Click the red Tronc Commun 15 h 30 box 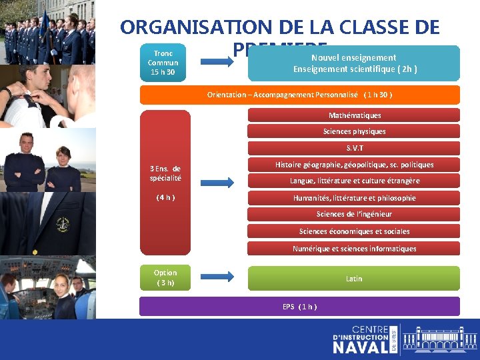point(163,63)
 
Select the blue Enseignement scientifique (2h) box point(354,63)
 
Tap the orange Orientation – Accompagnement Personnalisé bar point(299,95)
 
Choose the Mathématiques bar point(354,115)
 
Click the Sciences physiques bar point(354,131)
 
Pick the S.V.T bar point(354,148)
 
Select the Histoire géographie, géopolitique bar point(354,165)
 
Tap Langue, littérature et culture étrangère point(354,181)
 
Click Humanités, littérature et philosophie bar point(354,197)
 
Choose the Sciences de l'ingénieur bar point(354,214)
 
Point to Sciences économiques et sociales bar point(354,231)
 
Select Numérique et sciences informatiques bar point(354,249)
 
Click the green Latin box point(354,278)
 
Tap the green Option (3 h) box point(165,277)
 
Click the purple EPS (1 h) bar point(299,306)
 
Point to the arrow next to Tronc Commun point(217,63)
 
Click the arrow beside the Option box point(217,277)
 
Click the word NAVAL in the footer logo point(360,346)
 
